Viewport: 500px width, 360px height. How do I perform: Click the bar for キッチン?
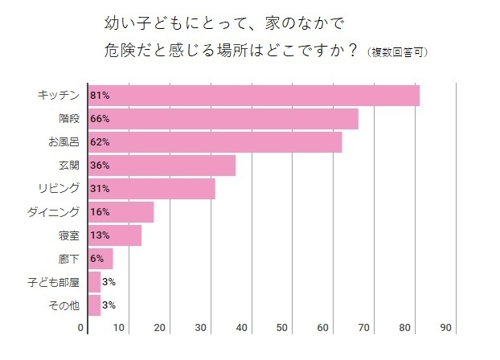[x=253, y=96]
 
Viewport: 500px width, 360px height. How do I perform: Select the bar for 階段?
[x=223, y=119]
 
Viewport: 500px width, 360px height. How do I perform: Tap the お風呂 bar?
[x=215, y=142]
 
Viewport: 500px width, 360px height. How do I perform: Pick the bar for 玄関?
[x=162, y=166]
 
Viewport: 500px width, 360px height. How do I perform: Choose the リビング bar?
[x=151, y=189]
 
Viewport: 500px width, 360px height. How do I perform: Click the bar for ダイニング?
[x=121, y=212]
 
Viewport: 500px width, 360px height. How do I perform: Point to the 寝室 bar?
[x=115, y=235]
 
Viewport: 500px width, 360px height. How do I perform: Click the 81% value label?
[x=100, y=96]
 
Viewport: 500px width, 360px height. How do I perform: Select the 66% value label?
[x=100, y=119]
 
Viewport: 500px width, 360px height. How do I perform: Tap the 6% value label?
[x=97, y=259]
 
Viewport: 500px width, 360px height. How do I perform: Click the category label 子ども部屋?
[x=56, y=282]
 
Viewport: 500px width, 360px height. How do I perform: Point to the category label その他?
[x=64, y=305]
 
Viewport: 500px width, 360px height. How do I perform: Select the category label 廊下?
[x=69, y=259]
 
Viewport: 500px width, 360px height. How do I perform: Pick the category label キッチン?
[x=59, y=96]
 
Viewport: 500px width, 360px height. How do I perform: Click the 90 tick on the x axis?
[x=447, y=328]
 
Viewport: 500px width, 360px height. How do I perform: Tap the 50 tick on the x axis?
[x=283, y=328]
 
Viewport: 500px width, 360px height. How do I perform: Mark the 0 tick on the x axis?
[x=81, y=328]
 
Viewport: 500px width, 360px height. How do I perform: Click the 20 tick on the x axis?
[x=160, y=328]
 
